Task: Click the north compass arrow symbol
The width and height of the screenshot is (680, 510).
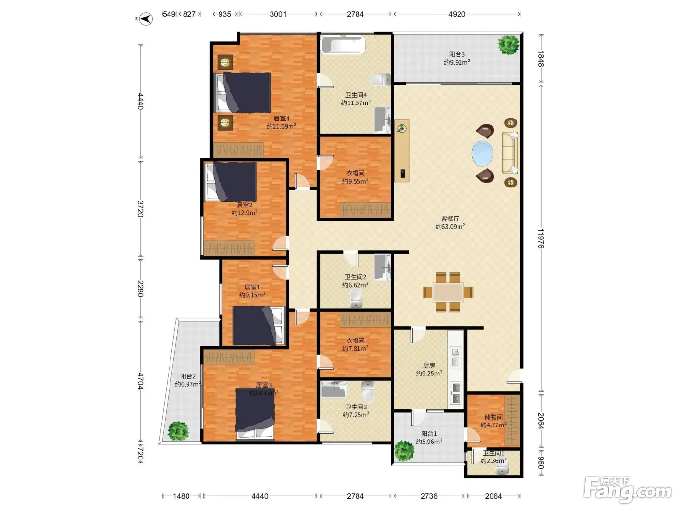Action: click(146, 19)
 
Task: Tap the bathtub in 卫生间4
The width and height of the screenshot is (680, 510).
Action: click(343, 45)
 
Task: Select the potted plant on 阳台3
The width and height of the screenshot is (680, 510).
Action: click(509, 45)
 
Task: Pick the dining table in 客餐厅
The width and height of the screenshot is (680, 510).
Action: click(448, 292)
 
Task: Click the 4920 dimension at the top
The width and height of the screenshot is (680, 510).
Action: click(457, 14)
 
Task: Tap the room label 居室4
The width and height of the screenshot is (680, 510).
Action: click(281, 119)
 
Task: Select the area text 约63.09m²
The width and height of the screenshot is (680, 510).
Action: click(450, 227)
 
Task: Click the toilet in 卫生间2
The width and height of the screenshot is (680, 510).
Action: click(356, 298)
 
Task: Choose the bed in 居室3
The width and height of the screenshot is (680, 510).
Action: click(255, 414)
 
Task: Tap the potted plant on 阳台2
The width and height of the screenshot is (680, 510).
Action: click(178, 431)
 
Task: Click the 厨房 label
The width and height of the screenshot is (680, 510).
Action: click(429, 366)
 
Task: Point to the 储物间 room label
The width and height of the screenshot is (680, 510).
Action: click(493, 417)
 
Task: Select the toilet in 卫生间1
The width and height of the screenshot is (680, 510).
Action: click(502, 470)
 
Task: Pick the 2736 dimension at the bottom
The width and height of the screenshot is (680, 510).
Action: click(429, 496)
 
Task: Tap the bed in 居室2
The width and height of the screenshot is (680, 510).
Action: click(231, 182)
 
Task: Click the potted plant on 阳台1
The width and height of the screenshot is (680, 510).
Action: click(404, 451)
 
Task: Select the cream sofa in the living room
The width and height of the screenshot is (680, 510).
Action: click(510, 153)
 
